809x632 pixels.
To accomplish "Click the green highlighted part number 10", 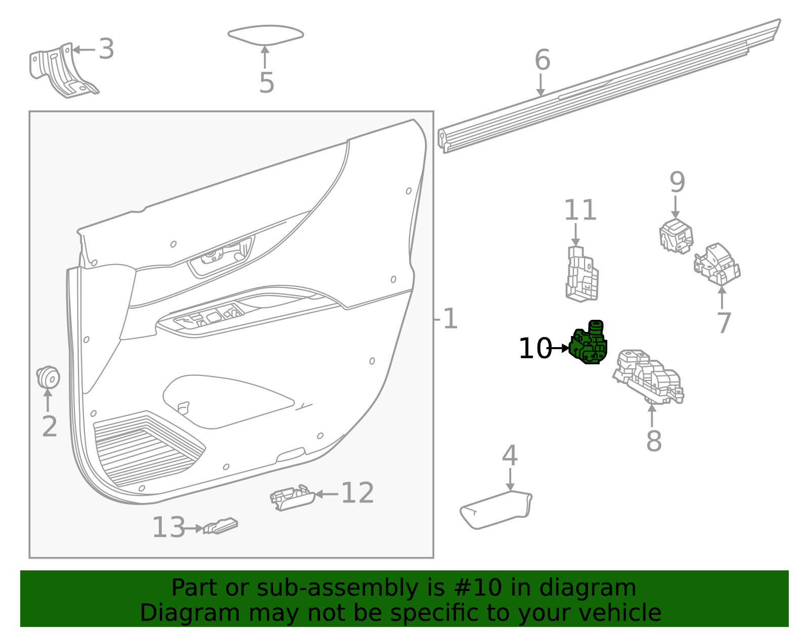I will point(589,344).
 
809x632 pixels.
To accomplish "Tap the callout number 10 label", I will point(534,349).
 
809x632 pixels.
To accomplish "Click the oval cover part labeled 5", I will point(265,34).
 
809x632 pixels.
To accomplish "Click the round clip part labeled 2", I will point(49,377).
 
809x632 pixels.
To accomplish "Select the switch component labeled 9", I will point(676,235).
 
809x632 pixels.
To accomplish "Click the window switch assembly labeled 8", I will point(649,377).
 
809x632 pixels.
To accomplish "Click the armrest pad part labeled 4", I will point(496,509).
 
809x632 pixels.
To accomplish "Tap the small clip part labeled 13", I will point(220,526).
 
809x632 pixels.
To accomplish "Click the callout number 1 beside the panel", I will point(449,319).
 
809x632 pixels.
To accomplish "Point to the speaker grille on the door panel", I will point(147,448).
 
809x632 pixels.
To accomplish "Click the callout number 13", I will point(168,527).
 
